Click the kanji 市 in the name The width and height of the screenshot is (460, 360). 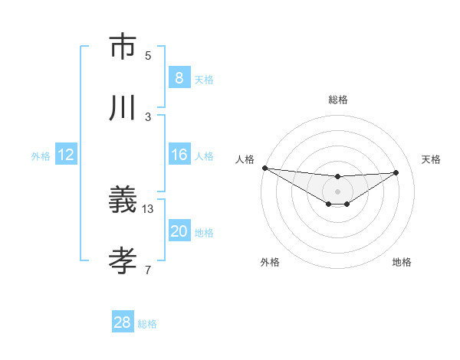pos(123,47)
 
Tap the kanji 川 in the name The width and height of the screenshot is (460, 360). pos(123,109)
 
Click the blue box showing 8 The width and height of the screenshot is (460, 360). pos(179,78)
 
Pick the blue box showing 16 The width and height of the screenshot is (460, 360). pos(179,155)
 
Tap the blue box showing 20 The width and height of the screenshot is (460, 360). pos(179,231)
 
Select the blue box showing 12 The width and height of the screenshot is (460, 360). pos(65,155)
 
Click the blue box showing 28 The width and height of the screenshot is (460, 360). pos(123,322)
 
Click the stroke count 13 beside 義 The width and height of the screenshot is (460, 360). pos(148,208)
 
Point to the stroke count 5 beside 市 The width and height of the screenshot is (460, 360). pos(148,55)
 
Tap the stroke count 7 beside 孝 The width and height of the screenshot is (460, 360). pos(148,270)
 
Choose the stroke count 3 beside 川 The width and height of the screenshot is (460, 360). pos(148,116)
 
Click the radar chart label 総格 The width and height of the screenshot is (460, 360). pos(338,100)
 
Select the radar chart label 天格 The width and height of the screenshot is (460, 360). pos(432,159)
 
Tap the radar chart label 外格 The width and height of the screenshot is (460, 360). pos(270,262)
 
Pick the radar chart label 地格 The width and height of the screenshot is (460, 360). pos(402,262)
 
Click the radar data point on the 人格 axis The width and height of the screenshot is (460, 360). pos(264,168)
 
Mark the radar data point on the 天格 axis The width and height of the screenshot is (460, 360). pos(396,172)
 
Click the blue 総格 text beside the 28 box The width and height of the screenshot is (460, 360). pos(147,324)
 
